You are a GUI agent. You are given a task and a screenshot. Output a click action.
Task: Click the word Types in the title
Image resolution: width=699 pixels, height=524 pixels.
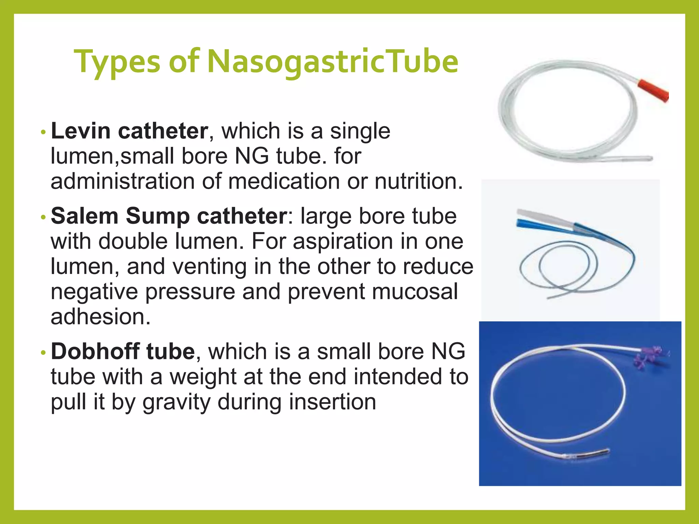tap(117, 62)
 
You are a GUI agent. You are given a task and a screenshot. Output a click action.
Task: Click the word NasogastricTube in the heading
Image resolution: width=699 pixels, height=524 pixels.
tap(333, 62)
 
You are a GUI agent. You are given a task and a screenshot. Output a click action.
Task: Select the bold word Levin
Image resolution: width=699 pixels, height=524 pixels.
tap(81, 131)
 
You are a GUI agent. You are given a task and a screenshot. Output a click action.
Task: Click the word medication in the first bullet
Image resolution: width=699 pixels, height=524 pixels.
tap(284, 181)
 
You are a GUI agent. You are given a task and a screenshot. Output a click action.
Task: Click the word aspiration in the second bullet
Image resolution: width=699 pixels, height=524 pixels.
tap(342, 242)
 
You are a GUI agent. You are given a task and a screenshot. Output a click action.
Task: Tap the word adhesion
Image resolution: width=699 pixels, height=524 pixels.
tap(100, 317)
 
